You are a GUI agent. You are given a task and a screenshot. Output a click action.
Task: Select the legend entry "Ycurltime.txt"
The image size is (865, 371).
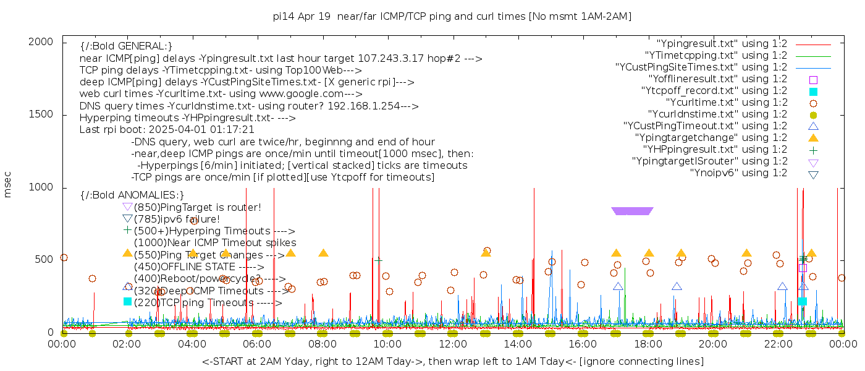tap(726, 103)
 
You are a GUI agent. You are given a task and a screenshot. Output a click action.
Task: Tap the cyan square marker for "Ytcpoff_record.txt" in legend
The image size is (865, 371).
tap(813, 92)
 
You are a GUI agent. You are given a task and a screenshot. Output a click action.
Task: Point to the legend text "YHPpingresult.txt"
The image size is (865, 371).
tap(715, 150)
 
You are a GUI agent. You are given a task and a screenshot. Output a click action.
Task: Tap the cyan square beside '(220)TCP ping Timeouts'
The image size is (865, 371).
tap(128, 302)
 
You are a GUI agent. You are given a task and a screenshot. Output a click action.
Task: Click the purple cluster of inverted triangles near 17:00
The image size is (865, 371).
tap(631, 211)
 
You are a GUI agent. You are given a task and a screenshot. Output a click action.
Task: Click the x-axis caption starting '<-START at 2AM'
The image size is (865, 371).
tap(452, 361)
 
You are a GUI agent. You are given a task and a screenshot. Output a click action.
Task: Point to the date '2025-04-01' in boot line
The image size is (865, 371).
tap(190, 130)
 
